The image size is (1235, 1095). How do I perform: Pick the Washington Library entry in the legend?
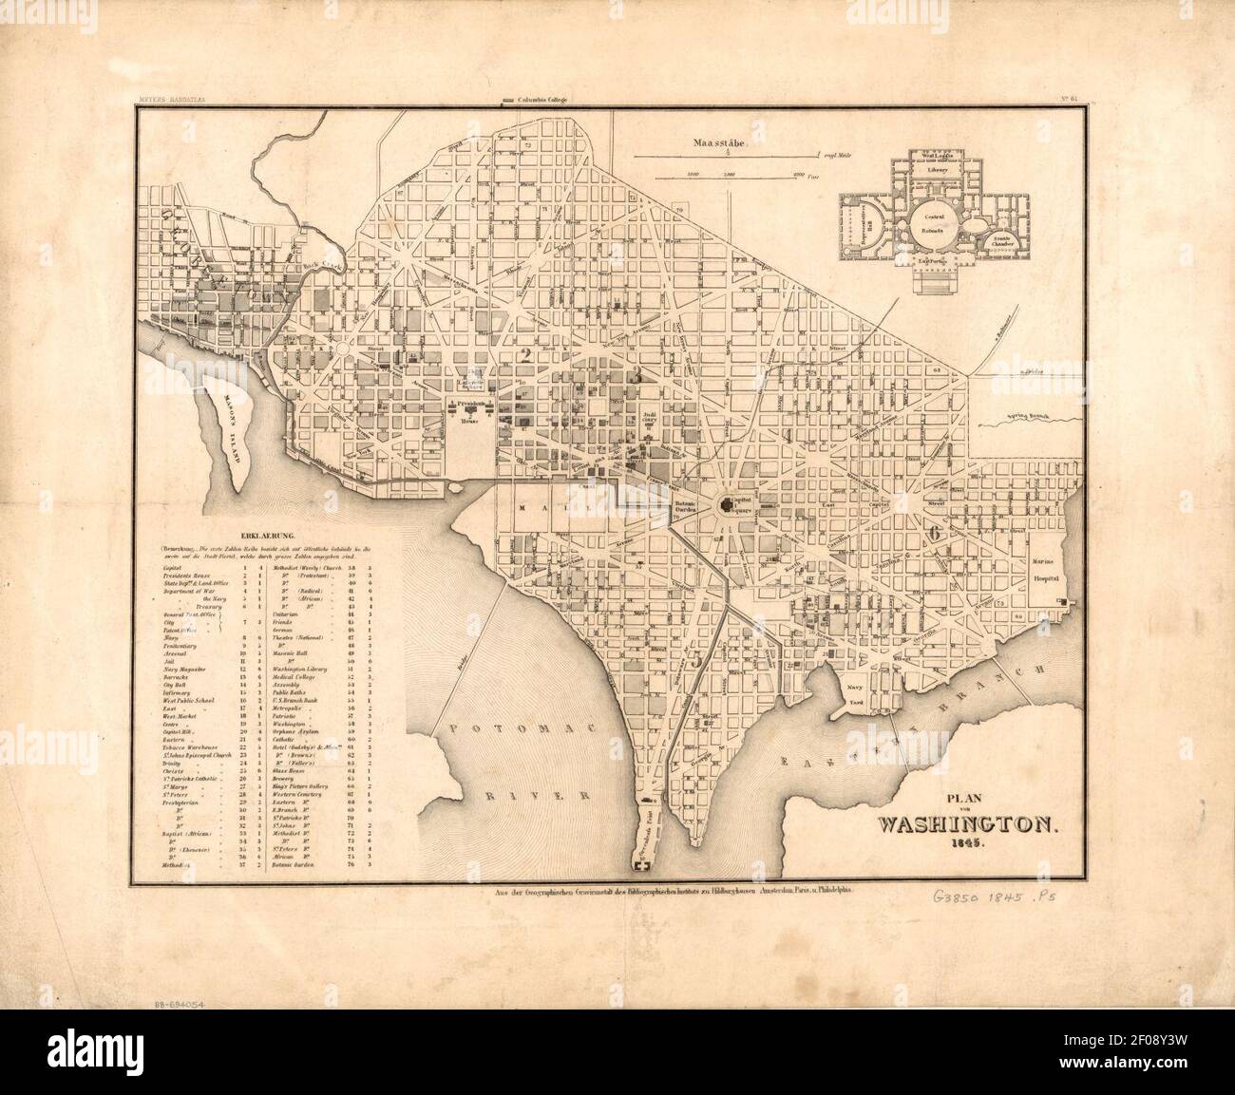point(302,670)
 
